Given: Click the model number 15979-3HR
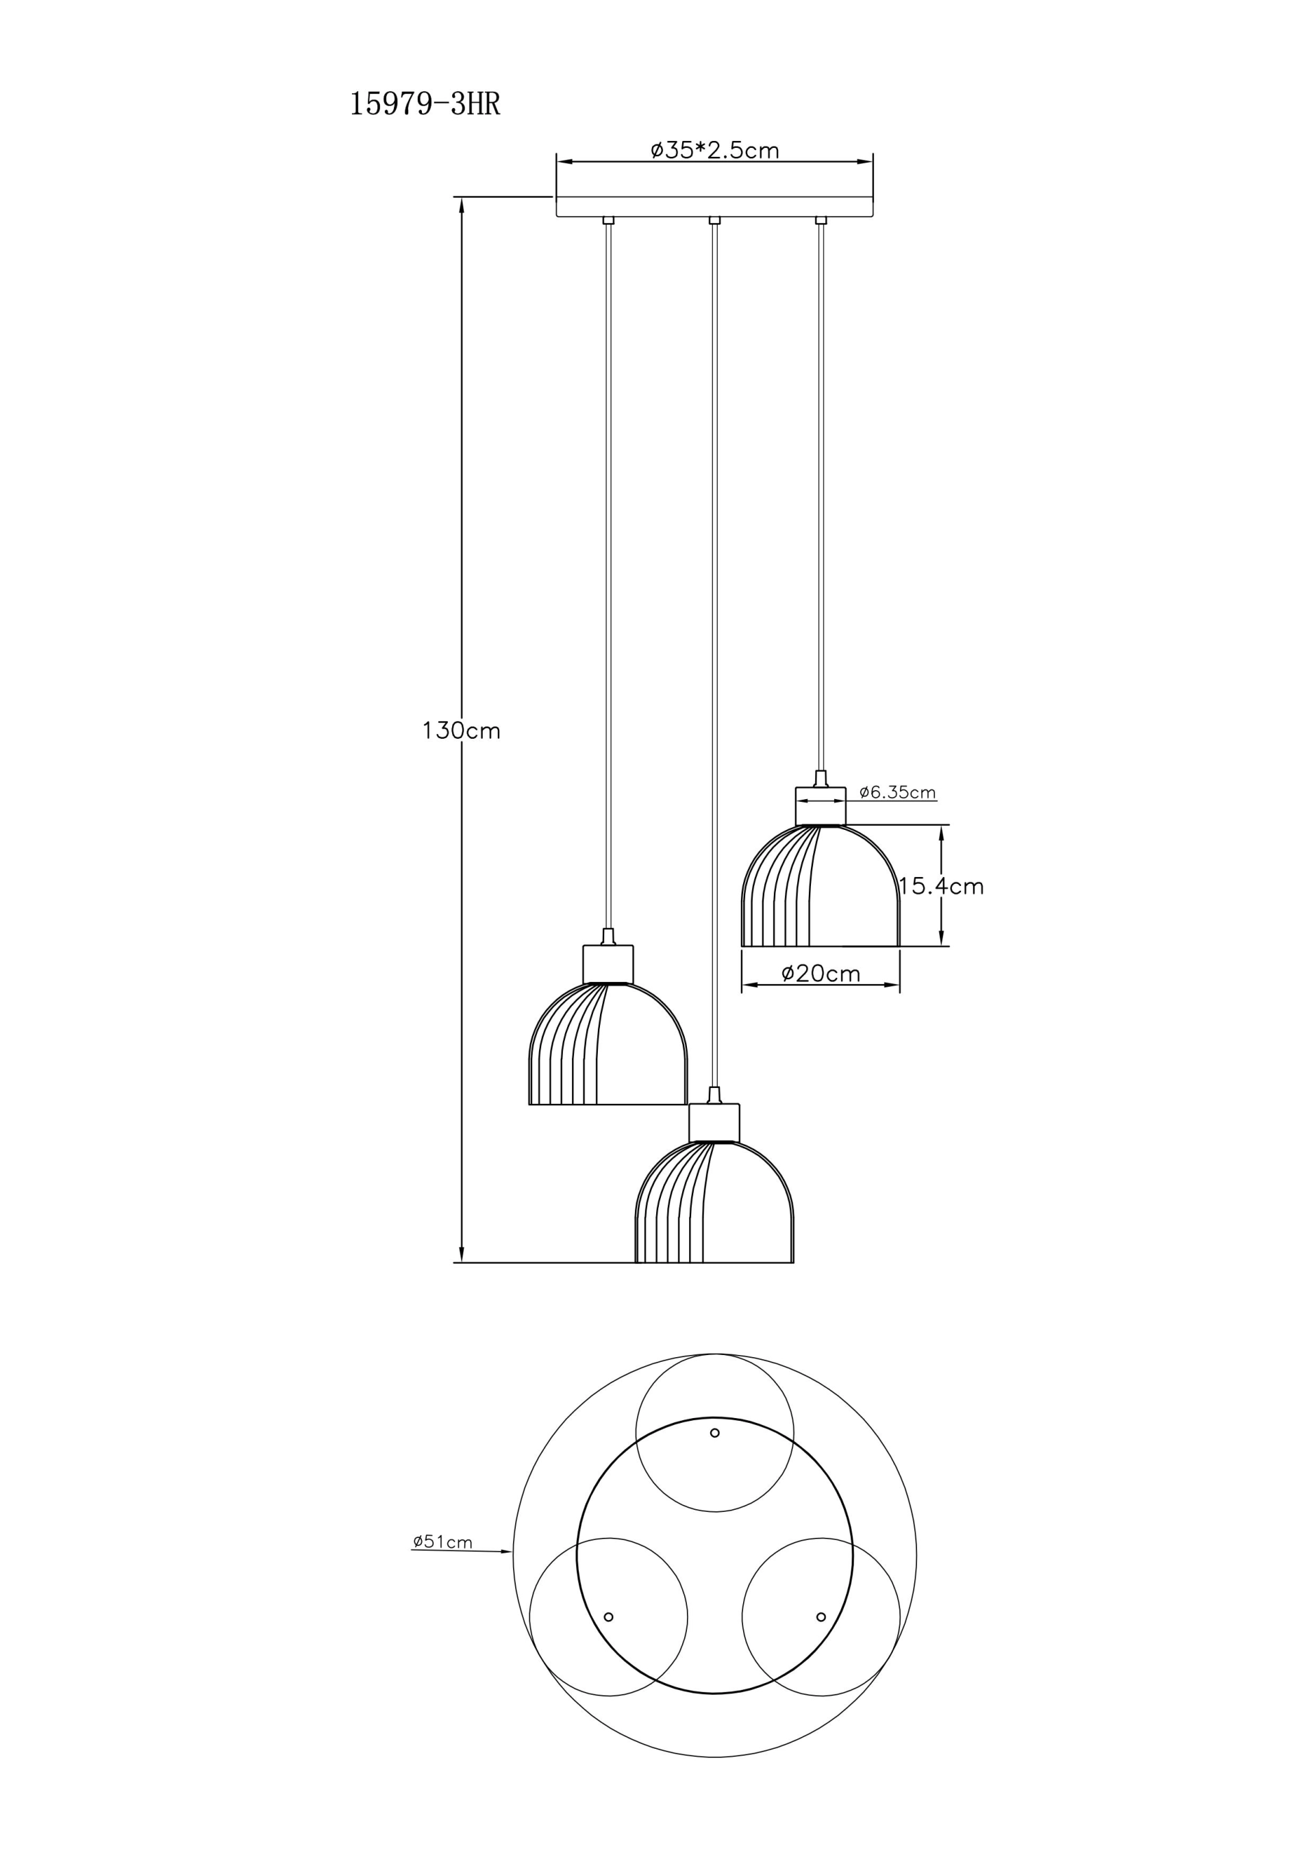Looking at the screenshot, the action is click(425, 105).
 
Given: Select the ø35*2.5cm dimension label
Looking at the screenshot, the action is click(715, 150).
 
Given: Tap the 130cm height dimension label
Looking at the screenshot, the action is click(462, 731).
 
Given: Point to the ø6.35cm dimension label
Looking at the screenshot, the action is click(898, 792).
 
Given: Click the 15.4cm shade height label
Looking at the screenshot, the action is click(942, 887).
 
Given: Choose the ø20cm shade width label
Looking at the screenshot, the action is click(821, 973).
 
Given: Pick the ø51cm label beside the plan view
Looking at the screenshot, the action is click(442, 1541).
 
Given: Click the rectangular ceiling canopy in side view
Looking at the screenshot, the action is click(714, 207).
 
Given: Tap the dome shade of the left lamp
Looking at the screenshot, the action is click(608, 1044).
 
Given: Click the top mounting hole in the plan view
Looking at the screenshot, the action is click(715, 1432).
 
